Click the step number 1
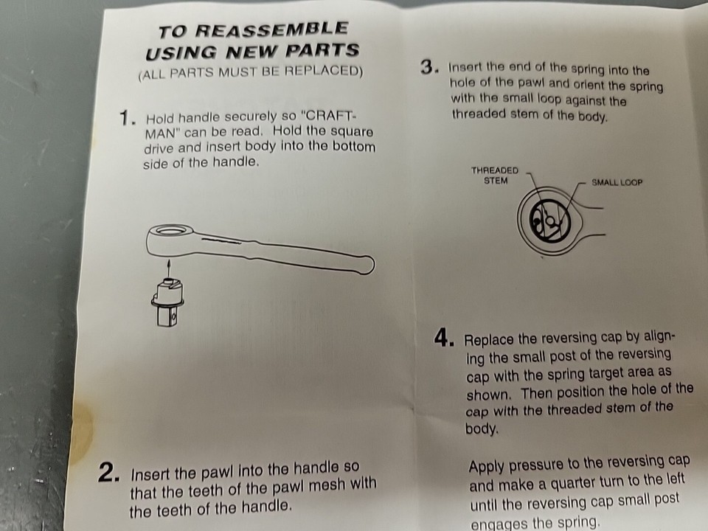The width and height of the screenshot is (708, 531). pyautogui.click(x=128, y=118)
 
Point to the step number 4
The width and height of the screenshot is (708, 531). pyautogui.click(x=442, y=339)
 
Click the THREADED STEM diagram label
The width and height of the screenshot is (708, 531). pyautogui.click(x=495, y=175)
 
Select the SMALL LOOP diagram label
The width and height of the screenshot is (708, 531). pyautogui.click(x=617, y=182)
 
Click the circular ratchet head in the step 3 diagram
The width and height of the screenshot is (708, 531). pyautogui.click(x=546, y=217)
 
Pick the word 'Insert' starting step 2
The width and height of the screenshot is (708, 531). pyautogui.click(x=152, y=474)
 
